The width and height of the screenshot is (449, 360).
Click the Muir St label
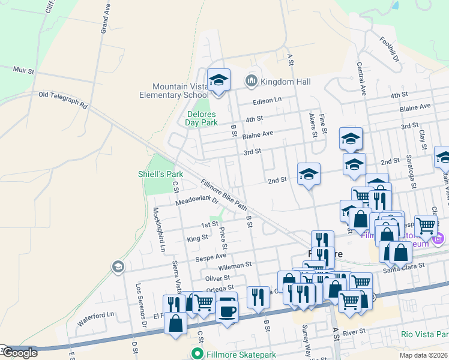click(23, 70)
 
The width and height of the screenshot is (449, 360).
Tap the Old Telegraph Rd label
click(63, 100)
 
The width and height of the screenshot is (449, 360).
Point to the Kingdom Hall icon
click(251, 80)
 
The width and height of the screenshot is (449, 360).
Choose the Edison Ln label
click(267, 100)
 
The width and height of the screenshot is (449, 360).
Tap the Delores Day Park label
click(201, 118)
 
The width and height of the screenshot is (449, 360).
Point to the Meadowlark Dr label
click(195, 200)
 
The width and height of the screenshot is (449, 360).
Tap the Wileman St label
click(235, 265)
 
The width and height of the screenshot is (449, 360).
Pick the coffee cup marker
click(228, 311)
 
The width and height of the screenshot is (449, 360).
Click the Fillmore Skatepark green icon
click(195, 353)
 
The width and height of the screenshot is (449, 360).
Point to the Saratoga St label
click(413, 174)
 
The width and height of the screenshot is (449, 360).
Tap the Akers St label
click(313, 125)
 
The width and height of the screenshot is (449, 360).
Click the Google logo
click(19, 353)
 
